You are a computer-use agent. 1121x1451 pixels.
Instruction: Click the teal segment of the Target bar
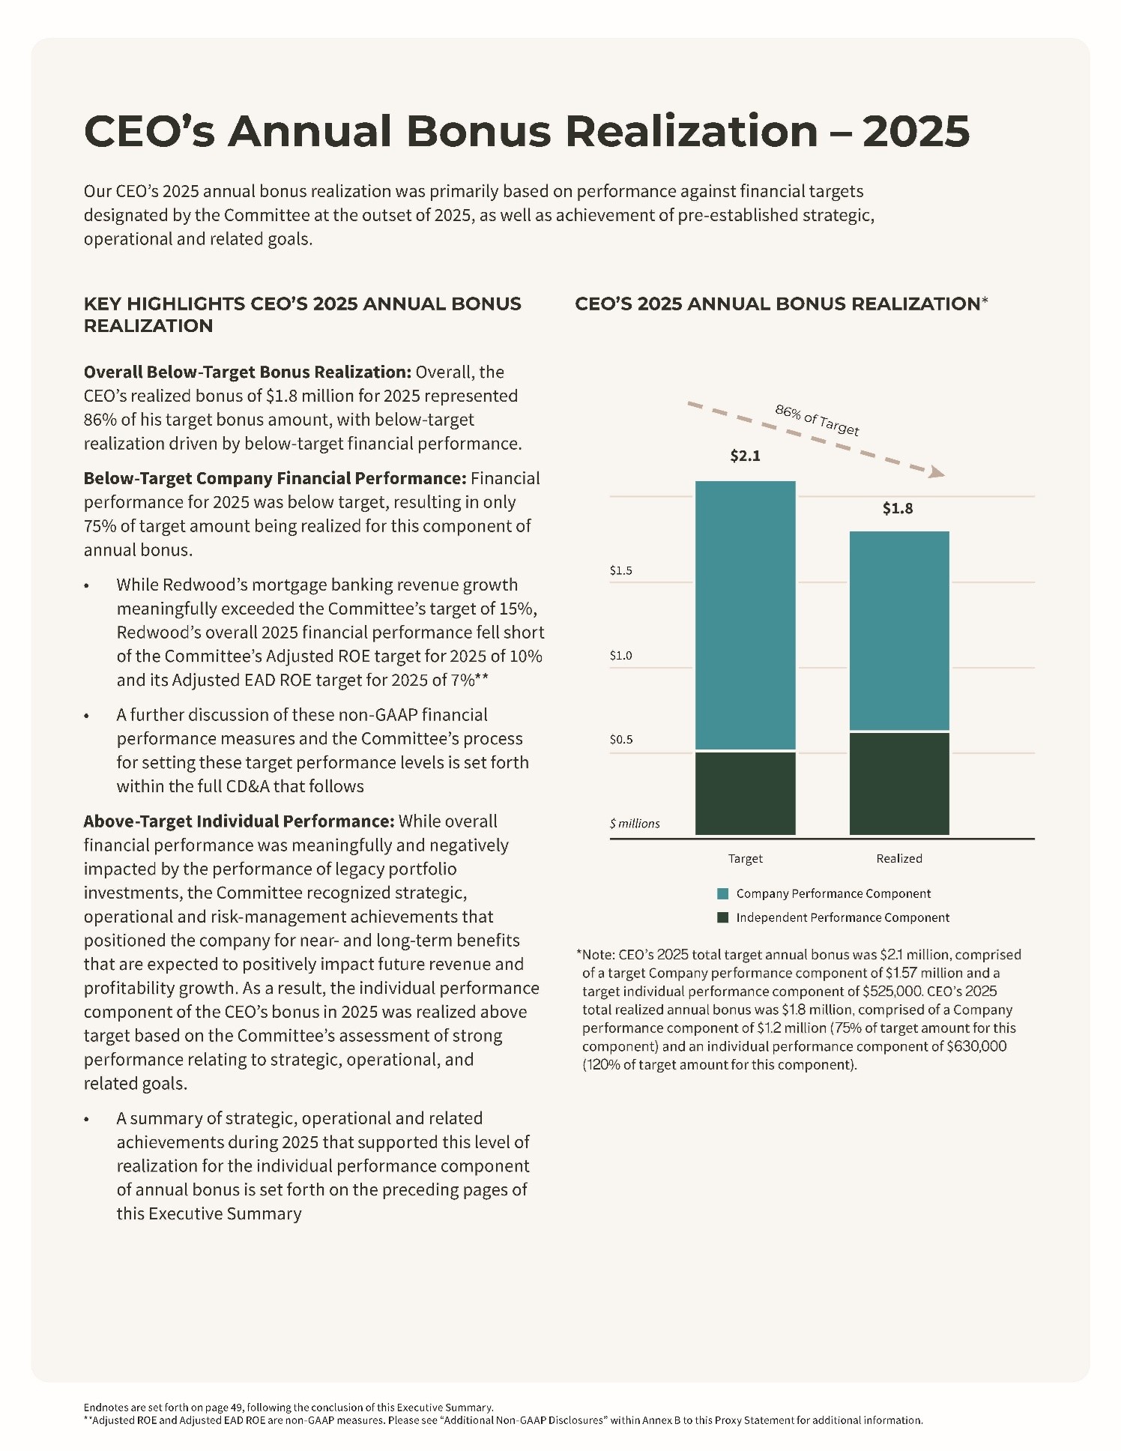(745, 615)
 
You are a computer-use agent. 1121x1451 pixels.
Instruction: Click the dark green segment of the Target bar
(745, 793)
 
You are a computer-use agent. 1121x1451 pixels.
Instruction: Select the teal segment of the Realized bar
(898, 630)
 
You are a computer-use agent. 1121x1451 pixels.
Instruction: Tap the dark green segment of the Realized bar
(898, 783)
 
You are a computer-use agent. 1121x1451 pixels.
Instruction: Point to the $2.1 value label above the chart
(745, 456)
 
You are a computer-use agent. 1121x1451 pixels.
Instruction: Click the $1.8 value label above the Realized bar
(897, 509)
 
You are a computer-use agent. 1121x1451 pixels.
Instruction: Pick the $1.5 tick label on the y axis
(620, 570)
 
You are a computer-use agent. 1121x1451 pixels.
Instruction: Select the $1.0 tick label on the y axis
(620, 656)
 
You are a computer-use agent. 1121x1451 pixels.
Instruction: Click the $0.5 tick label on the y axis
(620, 740)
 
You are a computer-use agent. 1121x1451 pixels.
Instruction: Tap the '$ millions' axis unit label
(635, 824)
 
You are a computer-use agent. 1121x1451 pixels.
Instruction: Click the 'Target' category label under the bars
(745, 859)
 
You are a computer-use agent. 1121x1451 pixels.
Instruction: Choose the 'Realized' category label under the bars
(898, 859)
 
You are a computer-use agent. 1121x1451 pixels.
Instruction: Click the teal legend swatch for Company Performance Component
(722, 894)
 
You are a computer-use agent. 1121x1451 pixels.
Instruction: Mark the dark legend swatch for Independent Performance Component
(722, 918)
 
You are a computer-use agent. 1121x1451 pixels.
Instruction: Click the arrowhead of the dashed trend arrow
(937, 472)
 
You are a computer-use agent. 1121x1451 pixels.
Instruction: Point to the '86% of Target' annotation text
(817, 420)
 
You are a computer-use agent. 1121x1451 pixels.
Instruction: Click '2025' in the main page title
(916, 131)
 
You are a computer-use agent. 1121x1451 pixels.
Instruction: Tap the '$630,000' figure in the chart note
(976, 1046)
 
